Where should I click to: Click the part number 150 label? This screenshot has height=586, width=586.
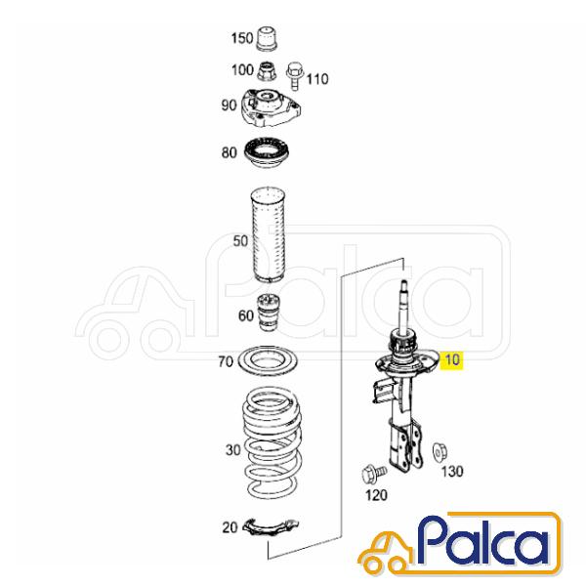242,38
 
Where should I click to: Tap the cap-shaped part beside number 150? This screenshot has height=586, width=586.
268,38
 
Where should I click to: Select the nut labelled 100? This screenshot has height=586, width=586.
267,70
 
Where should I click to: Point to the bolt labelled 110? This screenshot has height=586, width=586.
295,76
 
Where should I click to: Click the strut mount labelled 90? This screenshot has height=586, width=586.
271,108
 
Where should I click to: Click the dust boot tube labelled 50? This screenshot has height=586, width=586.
268,235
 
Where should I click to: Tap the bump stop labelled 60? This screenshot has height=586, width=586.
268,313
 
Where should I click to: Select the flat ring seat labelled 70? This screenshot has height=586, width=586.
268,361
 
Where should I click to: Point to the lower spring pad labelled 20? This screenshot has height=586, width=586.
271,527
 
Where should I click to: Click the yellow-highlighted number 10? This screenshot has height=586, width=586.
452,359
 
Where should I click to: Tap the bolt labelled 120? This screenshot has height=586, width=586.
374,473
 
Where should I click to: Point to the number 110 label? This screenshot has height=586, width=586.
317,79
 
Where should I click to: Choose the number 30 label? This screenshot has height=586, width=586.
232,450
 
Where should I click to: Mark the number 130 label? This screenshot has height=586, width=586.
452,472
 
